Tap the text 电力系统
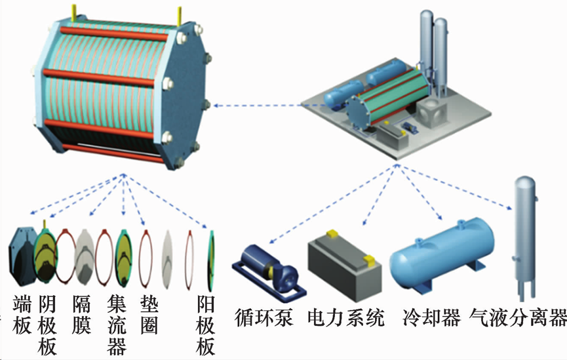point(345,318)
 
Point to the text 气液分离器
point(518,318)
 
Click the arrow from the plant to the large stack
point(256,105)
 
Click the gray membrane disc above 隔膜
point(86,254)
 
